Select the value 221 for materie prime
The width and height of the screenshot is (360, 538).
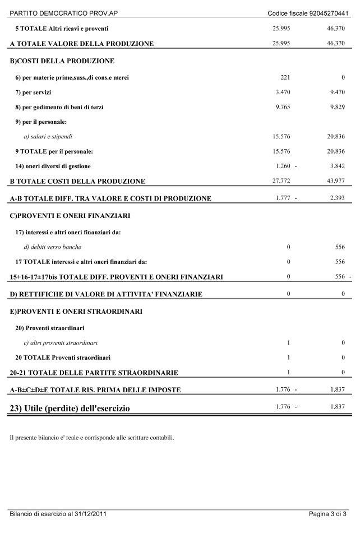(284, 77)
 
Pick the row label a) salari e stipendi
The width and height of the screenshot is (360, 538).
(48, 136)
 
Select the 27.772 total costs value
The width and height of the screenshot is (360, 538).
(280, 180)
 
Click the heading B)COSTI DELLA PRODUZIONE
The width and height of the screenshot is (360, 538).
(62, 61)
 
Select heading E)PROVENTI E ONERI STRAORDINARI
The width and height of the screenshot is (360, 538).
(76, 311)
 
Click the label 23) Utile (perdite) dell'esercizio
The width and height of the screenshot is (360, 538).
(70, 409)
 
